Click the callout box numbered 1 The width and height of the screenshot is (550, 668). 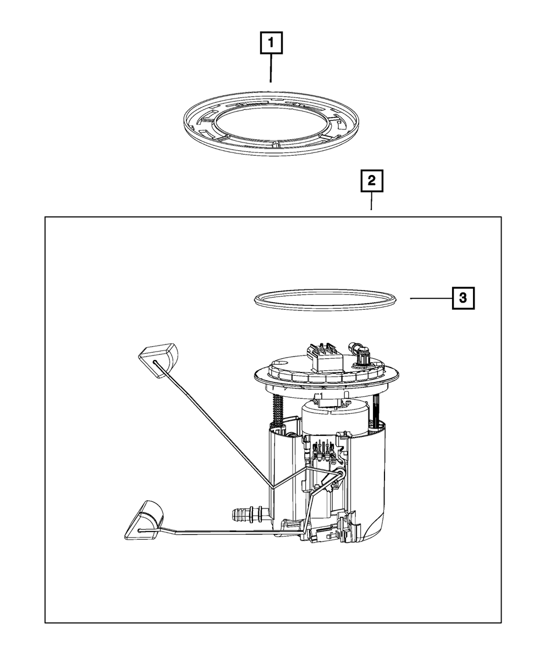coord(271,42)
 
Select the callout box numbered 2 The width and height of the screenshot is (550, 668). coord(372,181)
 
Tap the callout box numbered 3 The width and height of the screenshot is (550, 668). coord(463,298)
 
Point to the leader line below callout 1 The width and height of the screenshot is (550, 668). coord(271,68)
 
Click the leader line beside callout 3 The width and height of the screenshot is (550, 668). coord(431,298)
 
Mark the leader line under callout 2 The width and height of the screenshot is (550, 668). coord(372,201)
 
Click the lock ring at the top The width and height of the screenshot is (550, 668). coord(271,123)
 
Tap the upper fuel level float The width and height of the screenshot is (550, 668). coord(158,360)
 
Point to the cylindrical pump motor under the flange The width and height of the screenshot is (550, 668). coord(333,417)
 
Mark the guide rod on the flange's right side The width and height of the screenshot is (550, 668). coord(376,409)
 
